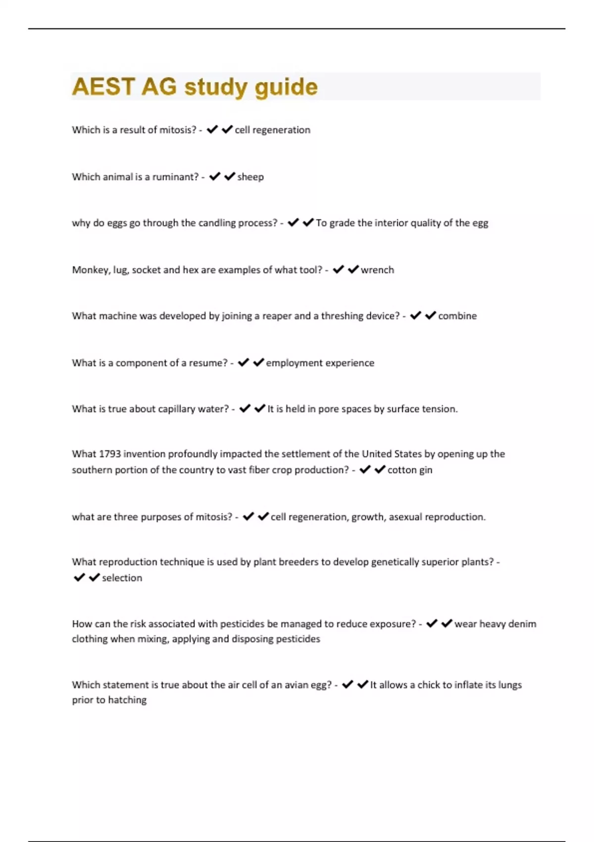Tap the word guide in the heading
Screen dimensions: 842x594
point(286,87)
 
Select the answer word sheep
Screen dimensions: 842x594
point(250,177)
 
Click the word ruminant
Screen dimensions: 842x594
point(175,177)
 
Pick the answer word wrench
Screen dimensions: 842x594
point(377,270)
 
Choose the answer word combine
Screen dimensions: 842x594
point(457,316)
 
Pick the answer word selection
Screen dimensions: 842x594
point(122,578)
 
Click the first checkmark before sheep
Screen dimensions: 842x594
point(214,176)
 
